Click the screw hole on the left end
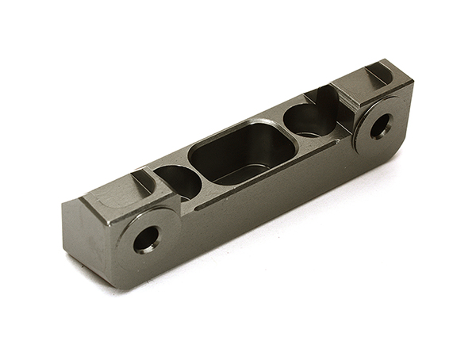(x=147, y=239)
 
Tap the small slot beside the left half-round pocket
(x=143, y=180)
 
